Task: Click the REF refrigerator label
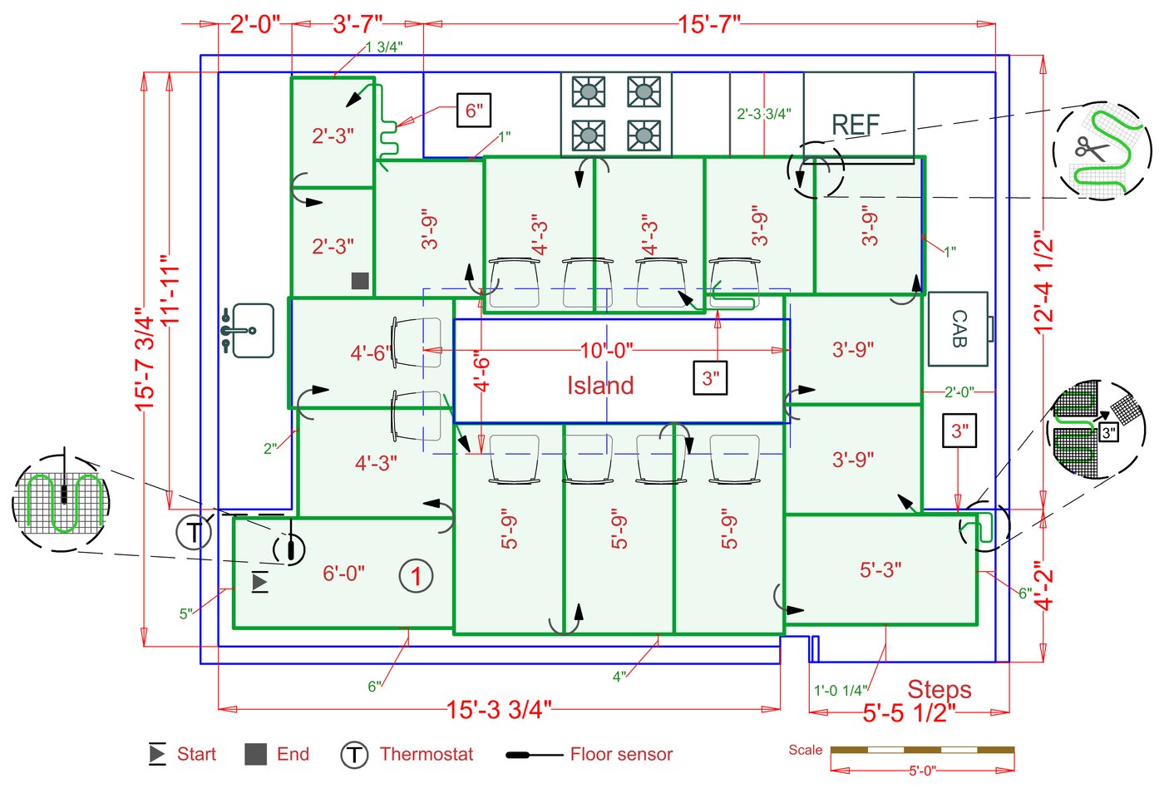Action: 856,124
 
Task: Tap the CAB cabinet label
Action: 959,329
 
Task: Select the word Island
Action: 600,386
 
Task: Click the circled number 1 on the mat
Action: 416,576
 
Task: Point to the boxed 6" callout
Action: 474,110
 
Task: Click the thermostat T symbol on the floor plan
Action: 194,533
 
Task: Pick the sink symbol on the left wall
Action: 248,330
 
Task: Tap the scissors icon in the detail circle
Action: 1091,149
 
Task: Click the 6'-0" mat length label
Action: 343,574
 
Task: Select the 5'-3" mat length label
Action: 880,570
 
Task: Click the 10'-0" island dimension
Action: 606,351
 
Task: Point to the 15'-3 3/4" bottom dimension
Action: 499,710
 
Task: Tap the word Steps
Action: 940,690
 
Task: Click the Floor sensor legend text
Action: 622,754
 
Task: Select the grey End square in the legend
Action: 256,754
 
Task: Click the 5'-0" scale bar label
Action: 922,771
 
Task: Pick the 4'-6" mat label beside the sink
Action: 371,353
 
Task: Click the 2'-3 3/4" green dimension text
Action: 764,114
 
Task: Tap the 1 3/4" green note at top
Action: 384,47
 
